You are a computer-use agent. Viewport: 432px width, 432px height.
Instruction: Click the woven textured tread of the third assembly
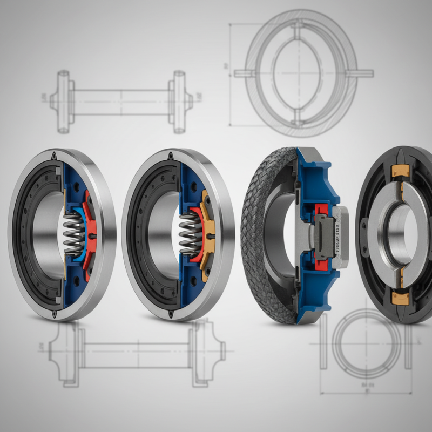pos(259,238)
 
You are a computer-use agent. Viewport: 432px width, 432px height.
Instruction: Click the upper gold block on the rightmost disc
pos(399,171)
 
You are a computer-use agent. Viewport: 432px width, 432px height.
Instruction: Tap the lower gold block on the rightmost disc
pos(400,296)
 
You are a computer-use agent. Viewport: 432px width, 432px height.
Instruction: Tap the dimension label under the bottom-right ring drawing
pos(368,385)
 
